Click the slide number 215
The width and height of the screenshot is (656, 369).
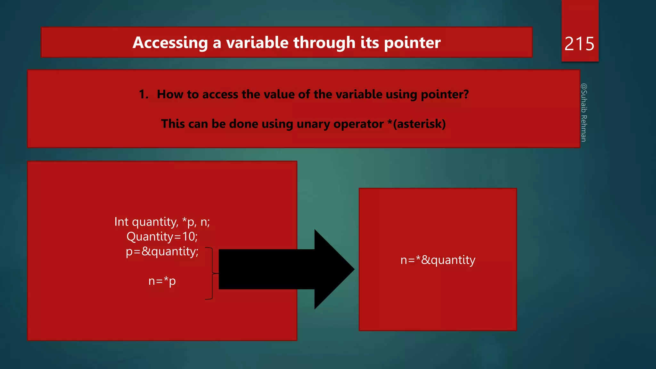(579, 44)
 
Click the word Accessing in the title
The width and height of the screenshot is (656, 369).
(170, 43)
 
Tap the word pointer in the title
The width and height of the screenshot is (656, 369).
(412, 43)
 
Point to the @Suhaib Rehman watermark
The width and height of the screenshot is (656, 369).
(584, 112)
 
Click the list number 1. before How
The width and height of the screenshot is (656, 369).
(143, 94)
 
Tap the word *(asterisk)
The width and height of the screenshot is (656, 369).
(416, 124)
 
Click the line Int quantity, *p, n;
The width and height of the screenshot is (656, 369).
(162, 222)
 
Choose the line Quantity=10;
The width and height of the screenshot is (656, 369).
(162, 236)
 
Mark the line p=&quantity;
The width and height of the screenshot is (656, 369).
(162, 251)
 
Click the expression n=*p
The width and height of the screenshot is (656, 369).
(162, 281)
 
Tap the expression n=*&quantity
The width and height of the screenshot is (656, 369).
(438, 260)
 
